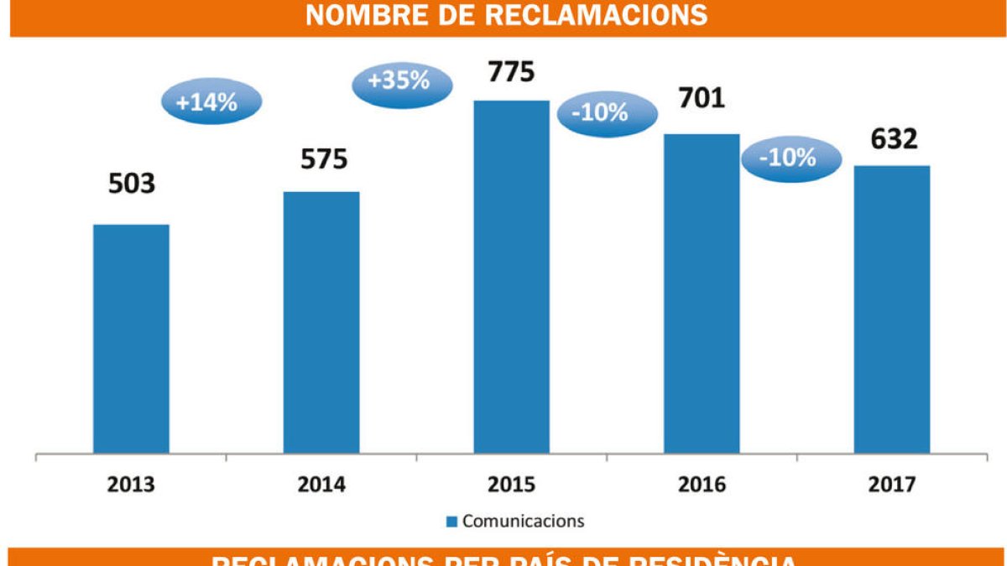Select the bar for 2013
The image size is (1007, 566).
click(x=131, y=339)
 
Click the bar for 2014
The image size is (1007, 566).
click(x=321, y=323)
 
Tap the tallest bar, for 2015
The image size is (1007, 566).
click(x=512, y=277)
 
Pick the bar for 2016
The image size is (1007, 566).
click(x=702, y=293)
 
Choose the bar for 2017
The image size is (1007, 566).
click(x=892, y=309)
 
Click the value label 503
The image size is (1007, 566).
click(x=132, y=184)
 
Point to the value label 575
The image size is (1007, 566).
click(x=323, y=158)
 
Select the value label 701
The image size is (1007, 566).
click(x=702, y=99)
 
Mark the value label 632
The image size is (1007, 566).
click(x=894, y=138)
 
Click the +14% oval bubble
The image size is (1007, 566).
click(x=211, y=101)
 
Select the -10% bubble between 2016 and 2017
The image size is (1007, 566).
click(x=790, y=156)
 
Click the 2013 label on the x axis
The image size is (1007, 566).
click(x=131, y=485)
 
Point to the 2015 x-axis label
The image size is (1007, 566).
click(x=511, y=485)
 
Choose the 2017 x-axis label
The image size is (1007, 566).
click(x=892, y=485)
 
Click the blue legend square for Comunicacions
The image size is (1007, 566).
click(x=451, y=522)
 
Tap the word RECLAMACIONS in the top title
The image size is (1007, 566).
click(x=584, y=15)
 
